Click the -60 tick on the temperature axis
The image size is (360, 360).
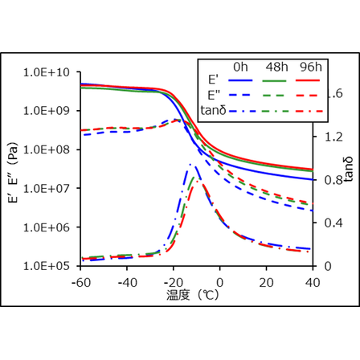pos(80,282)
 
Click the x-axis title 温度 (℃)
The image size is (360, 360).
pos(196,296)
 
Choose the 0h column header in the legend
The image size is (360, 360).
pos(239,66)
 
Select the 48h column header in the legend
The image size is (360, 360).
pos(275,66)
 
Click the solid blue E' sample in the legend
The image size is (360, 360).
pos(239,81)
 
